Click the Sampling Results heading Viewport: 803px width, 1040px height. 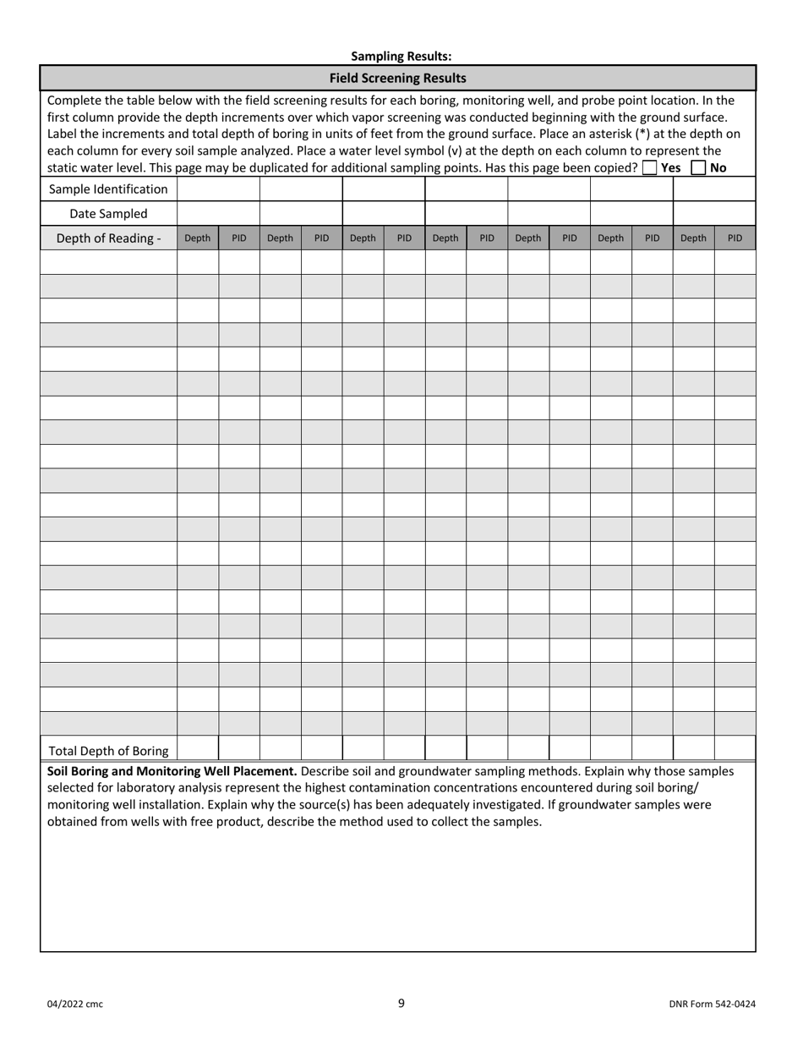point(401,56)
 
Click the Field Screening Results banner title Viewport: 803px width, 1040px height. point(397,78)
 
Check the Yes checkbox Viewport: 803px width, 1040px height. point(649,167)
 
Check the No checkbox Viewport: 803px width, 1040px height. point(698,167)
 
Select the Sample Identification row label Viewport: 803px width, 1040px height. point(108,189)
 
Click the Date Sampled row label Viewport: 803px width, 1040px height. point(108,213)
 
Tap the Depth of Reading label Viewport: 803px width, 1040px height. point(108,238)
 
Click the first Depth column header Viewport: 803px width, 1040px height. point(197,238)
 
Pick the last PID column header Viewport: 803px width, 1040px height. point(735,238)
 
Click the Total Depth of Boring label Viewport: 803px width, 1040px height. point(108,750)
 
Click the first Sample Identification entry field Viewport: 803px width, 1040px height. point(218,189)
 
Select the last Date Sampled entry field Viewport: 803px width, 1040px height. point(714,213)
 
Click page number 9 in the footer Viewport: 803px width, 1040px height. point(401,1003)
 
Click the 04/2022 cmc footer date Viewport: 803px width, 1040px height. point(74,1004)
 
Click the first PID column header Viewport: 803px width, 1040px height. point(239,238)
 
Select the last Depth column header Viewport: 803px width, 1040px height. point(693,238)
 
